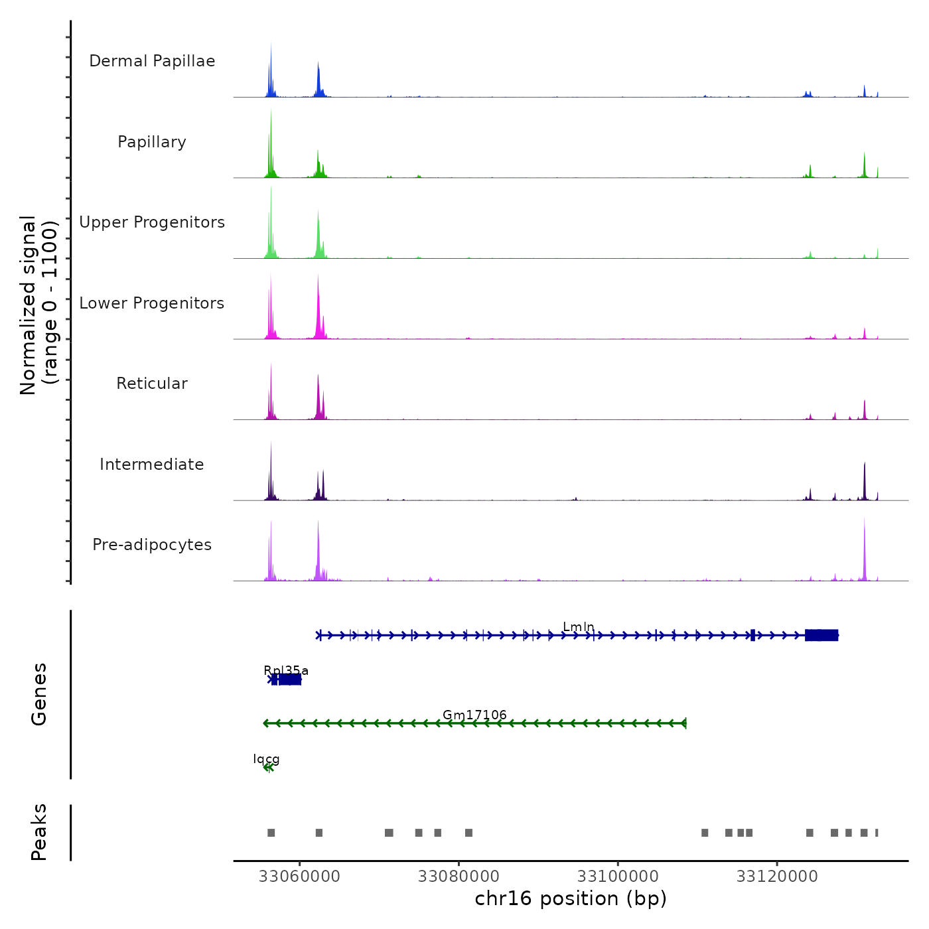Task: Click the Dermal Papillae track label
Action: coord(152,61)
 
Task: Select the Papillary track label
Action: coord(152,142)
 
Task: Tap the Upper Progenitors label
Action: coord(152,222)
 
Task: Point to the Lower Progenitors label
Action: coord(152,303)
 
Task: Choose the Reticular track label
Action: coord(152,384)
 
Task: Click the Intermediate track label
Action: coord(152,464)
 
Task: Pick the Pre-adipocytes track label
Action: coord(152,545)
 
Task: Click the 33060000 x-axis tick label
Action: coord(299,876)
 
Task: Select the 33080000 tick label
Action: coord(459,876)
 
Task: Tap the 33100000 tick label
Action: coord(618,876)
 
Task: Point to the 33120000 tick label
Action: coord(777,876)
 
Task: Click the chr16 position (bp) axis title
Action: coord(571,898)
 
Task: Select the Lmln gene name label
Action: coord(579,627)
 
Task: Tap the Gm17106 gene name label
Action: coord(474,715)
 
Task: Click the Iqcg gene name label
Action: coord(266,758)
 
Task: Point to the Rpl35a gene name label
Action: coord(286,670)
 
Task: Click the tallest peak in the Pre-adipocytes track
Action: coord(864,531)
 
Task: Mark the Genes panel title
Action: coord(39,694)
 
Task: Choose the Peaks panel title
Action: coord(39,832)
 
